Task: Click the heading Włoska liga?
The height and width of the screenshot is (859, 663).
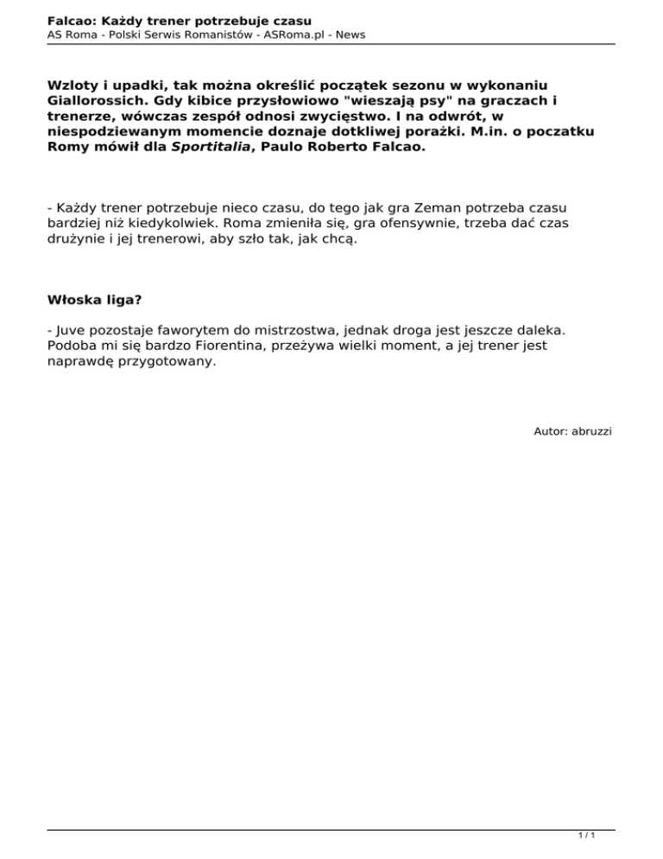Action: coord(95,300)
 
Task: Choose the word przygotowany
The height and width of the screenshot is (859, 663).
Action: coord(164,362)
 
